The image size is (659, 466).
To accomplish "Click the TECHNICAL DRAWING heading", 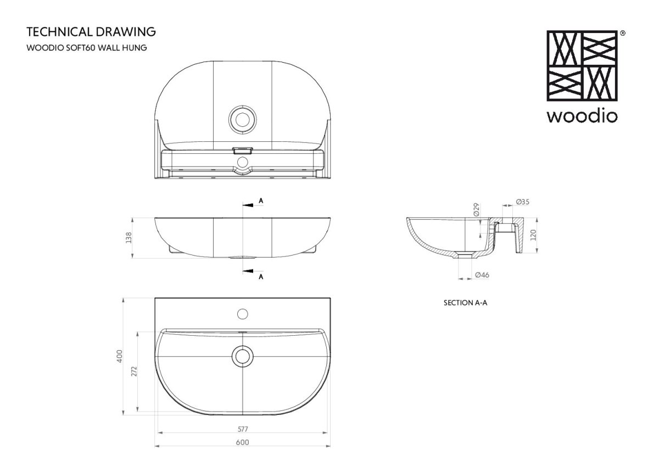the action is [x=91, y=32].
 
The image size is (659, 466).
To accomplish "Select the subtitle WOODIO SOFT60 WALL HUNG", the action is [x=87, y=48].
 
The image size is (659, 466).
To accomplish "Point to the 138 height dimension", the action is [x=129, y=238].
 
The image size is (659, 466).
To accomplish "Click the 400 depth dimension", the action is [x=120, y=356].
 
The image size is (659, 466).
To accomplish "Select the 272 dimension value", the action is [x=134, y=371].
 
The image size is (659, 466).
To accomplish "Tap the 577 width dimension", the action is [x=243, y=429].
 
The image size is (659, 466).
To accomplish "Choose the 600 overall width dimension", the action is [x=242, y=442].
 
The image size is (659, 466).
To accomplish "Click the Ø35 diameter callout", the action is [x=523, y=202].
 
